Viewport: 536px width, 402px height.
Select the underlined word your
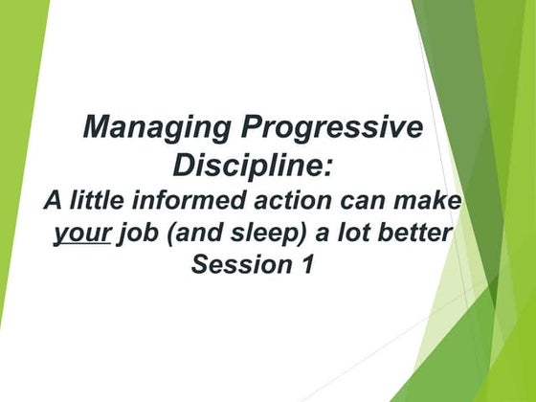click(x=82, y=234)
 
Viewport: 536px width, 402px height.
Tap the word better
click(x=414, y=234)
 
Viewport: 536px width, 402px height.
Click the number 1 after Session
click(x=306, y=265)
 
